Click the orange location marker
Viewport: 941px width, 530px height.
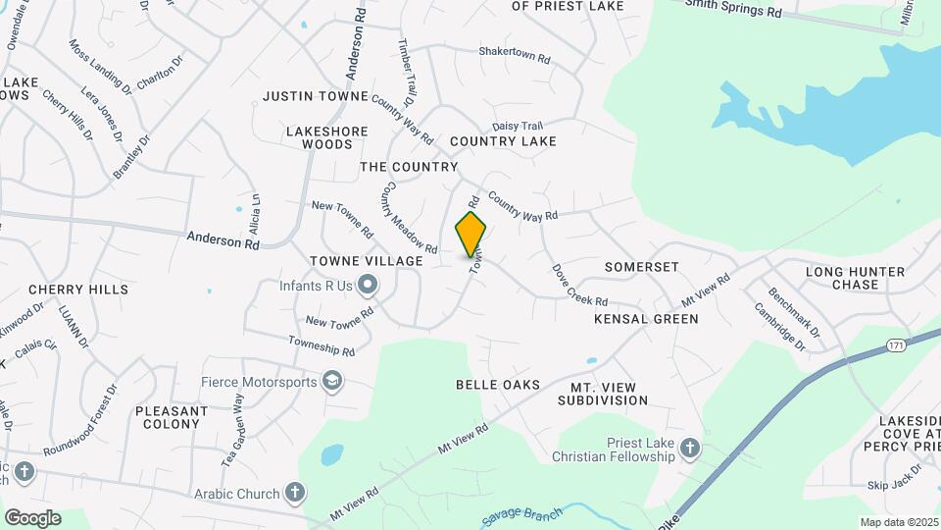click(x=470, y=234)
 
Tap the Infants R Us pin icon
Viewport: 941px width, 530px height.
click(x=368, y=286)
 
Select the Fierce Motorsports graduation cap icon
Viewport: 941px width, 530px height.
click(x=332, y=381)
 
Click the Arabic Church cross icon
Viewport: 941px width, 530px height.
click(x=294, y=493)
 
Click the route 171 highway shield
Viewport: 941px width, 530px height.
click(x=896, y=345)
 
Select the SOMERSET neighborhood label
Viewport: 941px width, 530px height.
click(x=642, y=267)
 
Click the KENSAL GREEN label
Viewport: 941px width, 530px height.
click(x=646, y=319)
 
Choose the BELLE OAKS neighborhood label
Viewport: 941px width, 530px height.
click(x=498, y=385)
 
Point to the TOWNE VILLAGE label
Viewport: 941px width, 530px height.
click(x=366, y=261)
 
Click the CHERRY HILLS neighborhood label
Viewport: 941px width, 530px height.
click(x=78, y=290)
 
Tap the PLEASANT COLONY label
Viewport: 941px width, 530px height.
click(x=172, y=417)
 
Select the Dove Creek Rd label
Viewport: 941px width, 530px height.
click(x=579, y=285)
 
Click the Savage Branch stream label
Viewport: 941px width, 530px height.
click(x=521, y=515)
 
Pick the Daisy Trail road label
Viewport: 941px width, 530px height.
click(x=517, y=126)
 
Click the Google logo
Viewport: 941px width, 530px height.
click(x=32, y=518)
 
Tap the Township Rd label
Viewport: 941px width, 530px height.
click(x=322, y=345)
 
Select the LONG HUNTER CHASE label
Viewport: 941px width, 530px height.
click(x=842, y=278)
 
